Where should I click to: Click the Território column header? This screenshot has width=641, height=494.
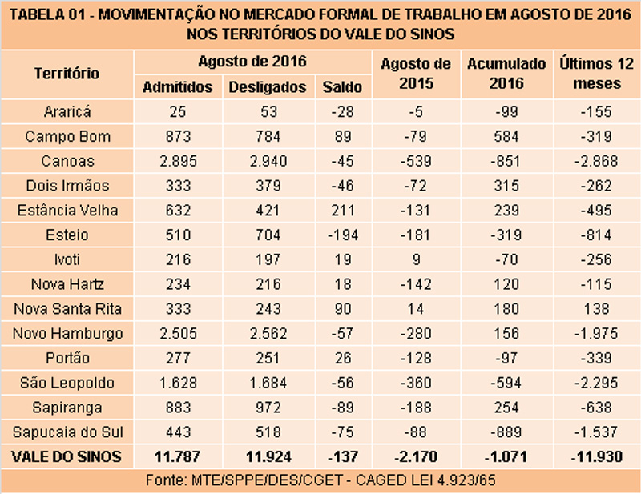point(67,74)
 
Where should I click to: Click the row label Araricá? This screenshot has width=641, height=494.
point(67,111)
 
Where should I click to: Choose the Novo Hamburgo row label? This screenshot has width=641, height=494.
point(67,333)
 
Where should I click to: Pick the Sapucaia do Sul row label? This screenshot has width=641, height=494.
point(67,432)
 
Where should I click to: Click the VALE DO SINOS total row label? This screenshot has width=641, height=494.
point(67,457)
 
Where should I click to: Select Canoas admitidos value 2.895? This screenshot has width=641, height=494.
point(177,161)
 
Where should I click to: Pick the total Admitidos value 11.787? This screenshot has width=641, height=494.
point(177,457)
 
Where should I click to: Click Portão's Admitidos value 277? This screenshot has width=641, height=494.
point(177,358)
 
